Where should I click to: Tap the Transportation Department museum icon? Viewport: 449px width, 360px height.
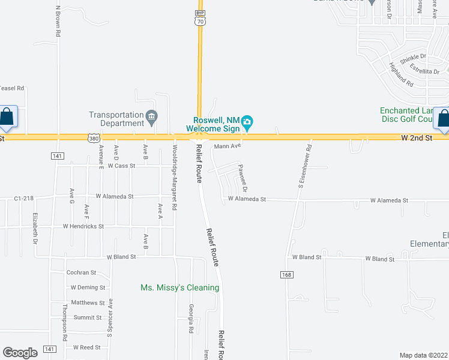[x=152, y=115]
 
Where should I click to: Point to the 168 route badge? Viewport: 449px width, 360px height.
[x=286, y=274]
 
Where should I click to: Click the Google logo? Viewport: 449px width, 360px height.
[x=20, y=352]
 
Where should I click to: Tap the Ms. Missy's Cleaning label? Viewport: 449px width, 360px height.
[x=179, y=288]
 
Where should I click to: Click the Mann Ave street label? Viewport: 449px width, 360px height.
[x=228, y=146]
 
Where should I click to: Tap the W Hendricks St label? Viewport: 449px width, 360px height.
[x=83, y=227]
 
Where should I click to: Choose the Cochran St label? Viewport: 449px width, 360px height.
[x=81, y=272]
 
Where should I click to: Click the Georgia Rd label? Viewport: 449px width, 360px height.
[x=191, y=319]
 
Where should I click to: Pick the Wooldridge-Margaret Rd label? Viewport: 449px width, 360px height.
[x=174, y=177]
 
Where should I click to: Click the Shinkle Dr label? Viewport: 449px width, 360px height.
[x=415, y=56]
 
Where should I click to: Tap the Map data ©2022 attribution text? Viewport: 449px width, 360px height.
[x=423, y=355]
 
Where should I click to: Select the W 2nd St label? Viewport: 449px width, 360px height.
[x=417, y=139]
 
